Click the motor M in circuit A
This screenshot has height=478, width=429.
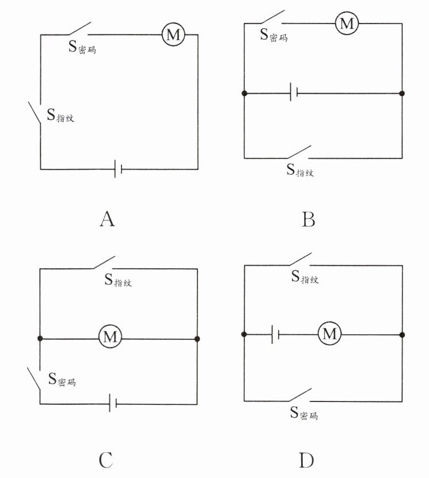click(x=172, y=35)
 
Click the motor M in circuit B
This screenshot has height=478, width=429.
click(x=346, y=23)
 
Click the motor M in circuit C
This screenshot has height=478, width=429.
click(x=109, y=338)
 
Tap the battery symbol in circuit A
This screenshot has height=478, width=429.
click(x=118, y=169)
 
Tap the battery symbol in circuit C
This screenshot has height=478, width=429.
click(x=113, y=404)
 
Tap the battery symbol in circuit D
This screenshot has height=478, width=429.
click(x=275, y=334)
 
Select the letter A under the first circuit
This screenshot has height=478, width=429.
click(x=107, y=219)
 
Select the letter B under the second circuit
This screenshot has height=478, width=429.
click(x=309, y=219)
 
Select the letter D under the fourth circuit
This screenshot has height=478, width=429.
click(x=307, y=461)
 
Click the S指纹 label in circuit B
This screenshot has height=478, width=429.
click(x=300, y=170)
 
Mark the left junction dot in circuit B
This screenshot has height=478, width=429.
click(x=244, y=93)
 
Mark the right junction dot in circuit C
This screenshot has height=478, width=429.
click(x=197, y=338)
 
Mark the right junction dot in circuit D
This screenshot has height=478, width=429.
click(x=401, y=334)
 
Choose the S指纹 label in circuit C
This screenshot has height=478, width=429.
click(x=118, y=281)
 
